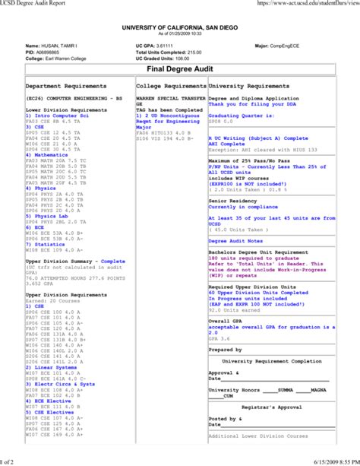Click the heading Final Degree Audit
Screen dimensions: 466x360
click(x=179, y=69)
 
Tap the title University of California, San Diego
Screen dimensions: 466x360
click(x=179, y=27)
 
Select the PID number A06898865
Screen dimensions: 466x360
click(x=50, y=51)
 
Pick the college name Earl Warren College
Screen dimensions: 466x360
click(x=71, y=57)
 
